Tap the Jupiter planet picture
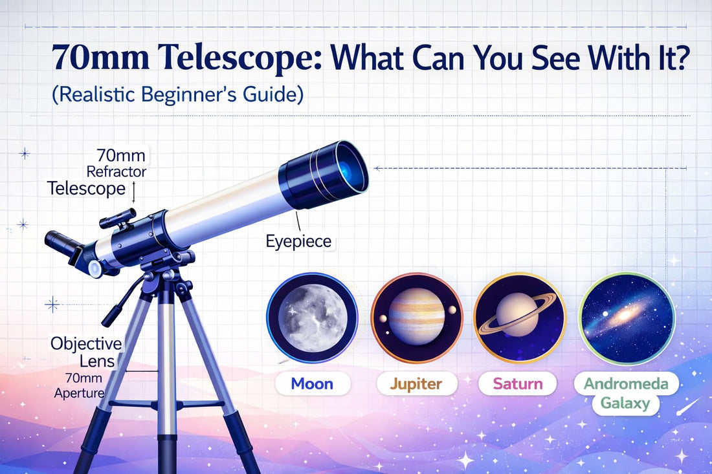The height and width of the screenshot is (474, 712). (x=416, y=317)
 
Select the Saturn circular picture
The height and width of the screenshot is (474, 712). (x=520, y=317)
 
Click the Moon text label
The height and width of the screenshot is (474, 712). (x=312, y=383)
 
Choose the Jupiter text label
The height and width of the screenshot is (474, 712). (x=416, y=383)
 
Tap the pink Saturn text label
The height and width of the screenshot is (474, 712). (x=518, y=383)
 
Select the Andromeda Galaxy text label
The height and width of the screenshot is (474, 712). (x=626, y=393)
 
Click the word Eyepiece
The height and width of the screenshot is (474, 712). (x=298, y=242)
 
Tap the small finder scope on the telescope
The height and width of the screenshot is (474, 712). (x=117, y=217)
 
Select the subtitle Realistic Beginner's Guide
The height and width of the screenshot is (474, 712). (x=177, y=94)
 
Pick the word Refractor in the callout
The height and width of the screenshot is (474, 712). (x=117, y=171)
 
